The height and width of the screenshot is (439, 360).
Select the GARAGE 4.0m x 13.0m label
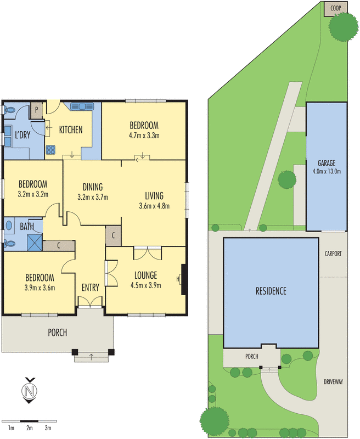326,167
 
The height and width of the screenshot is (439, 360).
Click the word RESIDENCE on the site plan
271,291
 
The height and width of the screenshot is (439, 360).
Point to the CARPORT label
333,254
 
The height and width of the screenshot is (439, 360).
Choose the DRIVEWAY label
333,382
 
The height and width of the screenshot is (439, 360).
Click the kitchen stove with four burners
52,148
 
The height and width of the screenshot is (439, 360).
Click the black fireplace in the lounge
184,279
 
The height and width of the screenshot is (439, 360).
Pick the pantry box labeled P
36,110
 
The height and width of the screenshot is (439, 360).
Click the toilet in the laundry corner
10,110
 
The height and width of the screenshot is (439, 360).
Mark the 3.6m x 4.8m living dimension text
154,206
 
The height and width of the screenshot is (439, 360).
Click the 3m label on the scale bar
48,427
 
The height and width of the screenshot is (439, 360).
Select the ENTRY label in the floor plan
90,288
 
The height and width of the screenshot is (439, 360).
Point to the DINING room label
93,187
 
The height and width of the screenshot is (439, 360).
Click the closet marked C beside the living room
113,235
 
